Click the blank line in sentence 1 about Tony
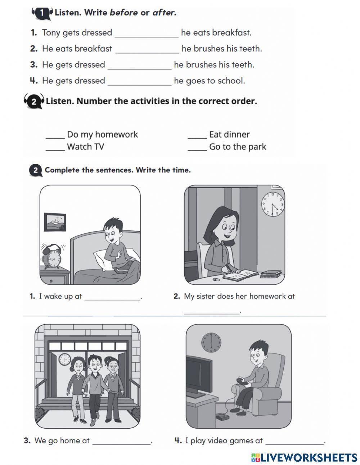click(x=147, y=37)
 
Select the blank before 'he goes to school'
click(x=140, y=85)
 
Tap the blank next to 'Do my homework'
click(x=55, y=138)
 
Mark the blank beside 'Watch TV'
click(x=55, y=151)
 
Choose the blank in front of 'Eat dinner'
click(x=197, y=138)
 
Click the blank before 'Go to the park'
click(x=197, y=151)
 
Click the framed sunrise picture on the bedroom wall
click(x=55, y=222)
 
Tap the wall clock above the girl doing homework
click(x=273, y=204)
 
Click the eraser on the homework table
click(x=216, y=279)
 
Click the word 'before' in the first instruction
click(x=123, y=13)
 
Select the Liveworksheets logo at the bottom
click(x=304, y=458)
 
